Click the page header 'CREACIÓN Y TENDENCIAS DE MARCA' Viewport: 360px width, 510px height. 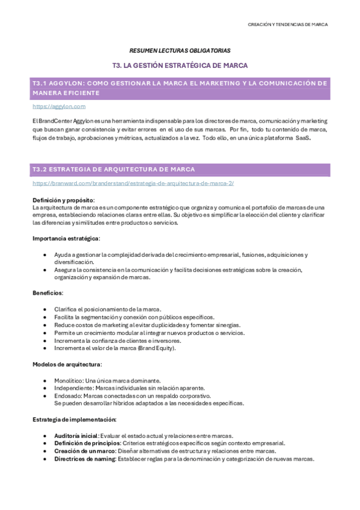[288, 25]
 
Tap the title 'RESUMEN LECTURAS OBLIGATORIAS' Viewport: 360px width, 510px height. [180, 51]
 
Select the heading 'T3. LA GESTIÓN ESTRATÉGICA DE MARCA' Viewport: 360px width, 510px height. [180, 65]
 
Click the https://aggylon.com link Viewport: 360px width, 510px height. [59, 106]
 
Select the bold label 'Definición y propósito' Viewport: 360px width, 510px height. [63, 200]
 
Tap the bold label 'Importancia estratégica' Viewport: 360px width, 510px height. [66, 239]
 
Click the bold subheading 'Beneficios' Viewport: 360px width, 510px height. [47, 293]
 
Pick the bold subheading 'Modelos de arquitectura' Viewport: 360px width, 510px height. [67, 364]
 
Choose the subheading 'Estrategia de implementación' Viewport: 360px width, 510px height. [75, 419]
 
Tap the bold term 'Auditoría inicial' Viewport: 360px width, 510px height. [76, 435]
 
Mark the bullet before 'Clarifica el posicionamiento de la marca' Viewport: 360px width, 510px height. [46, 309]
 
